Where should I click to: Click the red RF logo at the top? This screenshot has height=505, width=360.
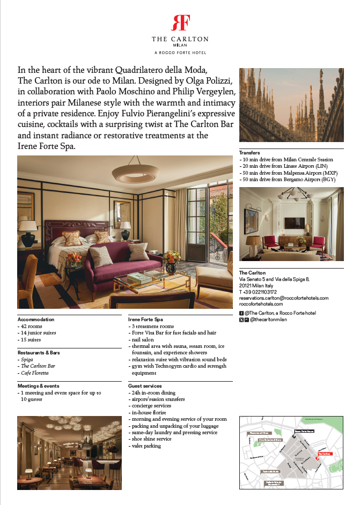point(180,23)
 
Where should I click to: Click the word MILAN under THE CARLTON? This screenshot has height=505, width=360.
point(180,46)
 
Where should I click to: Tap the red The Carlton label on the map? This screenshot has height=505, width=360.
point(325,454)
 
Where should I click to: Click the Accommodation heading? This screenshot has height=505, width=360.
point(36,319)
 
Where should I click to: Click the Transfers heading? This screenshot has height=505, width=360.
point(249,153)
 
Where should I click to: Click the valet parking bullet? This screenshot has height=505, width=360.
point(145,445)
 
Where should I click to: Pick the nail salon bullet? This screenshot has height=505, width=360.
point(143,339)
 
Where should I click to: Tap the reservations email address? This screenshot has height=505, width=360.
point(283,298)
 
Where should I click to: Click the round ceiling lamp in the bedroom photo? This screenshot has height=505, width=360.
point(135,172)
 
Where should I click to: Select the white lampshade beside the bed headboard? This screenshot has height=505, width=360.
point(28,227)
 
